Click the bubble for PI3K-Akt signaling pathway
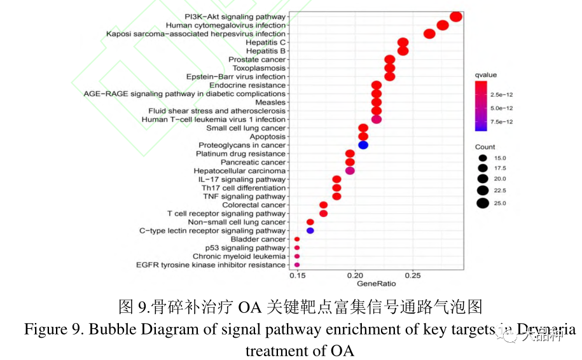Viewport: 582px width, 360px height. (x=455, y=17)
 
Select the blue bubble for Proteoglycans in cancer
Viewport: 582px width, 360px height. (x=363, y=145)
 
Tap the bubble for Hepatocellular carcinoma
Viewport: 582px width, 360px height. (x=350, y=170)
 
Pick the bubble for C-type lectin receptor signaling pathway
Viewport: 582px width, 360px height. (x=310, y=230)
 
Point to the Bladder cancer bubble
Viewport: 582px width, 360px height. (x=297, y=239)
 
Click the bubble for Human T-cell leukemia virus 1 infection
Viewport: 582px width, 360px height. (x=376, y=119)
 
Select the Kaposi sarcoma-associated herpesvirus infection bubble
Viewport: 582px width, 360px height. (x=429, y=34)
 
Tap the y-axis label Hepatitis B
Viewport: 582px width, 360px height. (x=265, y=51)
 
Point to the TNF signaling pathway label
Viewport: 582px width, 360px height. (x=244, y=197)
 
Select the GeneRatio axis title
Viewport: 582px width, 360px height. (x=376, y=284)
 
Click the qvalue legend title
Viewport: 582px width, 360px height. (x=485, y=75)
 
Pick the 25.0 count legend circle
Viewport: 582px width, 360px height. (x=483, y=204)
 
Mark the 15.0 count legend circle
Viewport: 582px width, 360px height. (x=483, y=158)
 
